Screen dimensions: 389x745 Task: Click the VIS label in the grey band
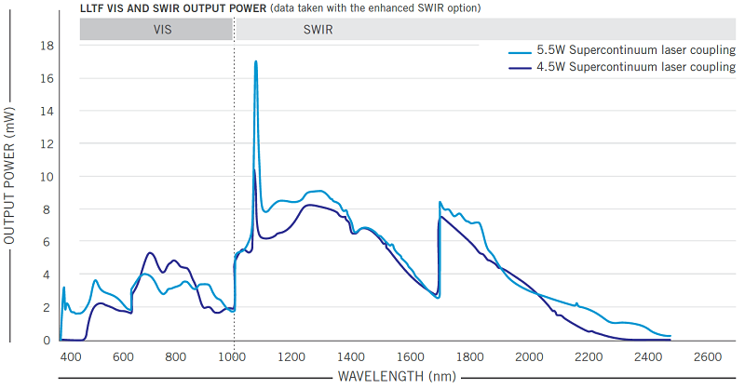pos(162,30)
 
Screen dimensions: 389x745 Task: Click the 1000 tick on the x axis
pos(233,356)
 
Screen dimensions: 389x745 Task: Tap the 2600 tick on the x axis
pos(707,356)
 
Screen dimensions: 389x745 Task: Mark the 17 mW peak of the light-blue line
pos(255,62)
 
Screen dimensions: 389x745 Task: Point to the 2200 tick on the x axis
pos(589,356)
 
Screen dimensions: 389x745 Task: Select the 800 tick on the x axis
pos(173,356)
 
